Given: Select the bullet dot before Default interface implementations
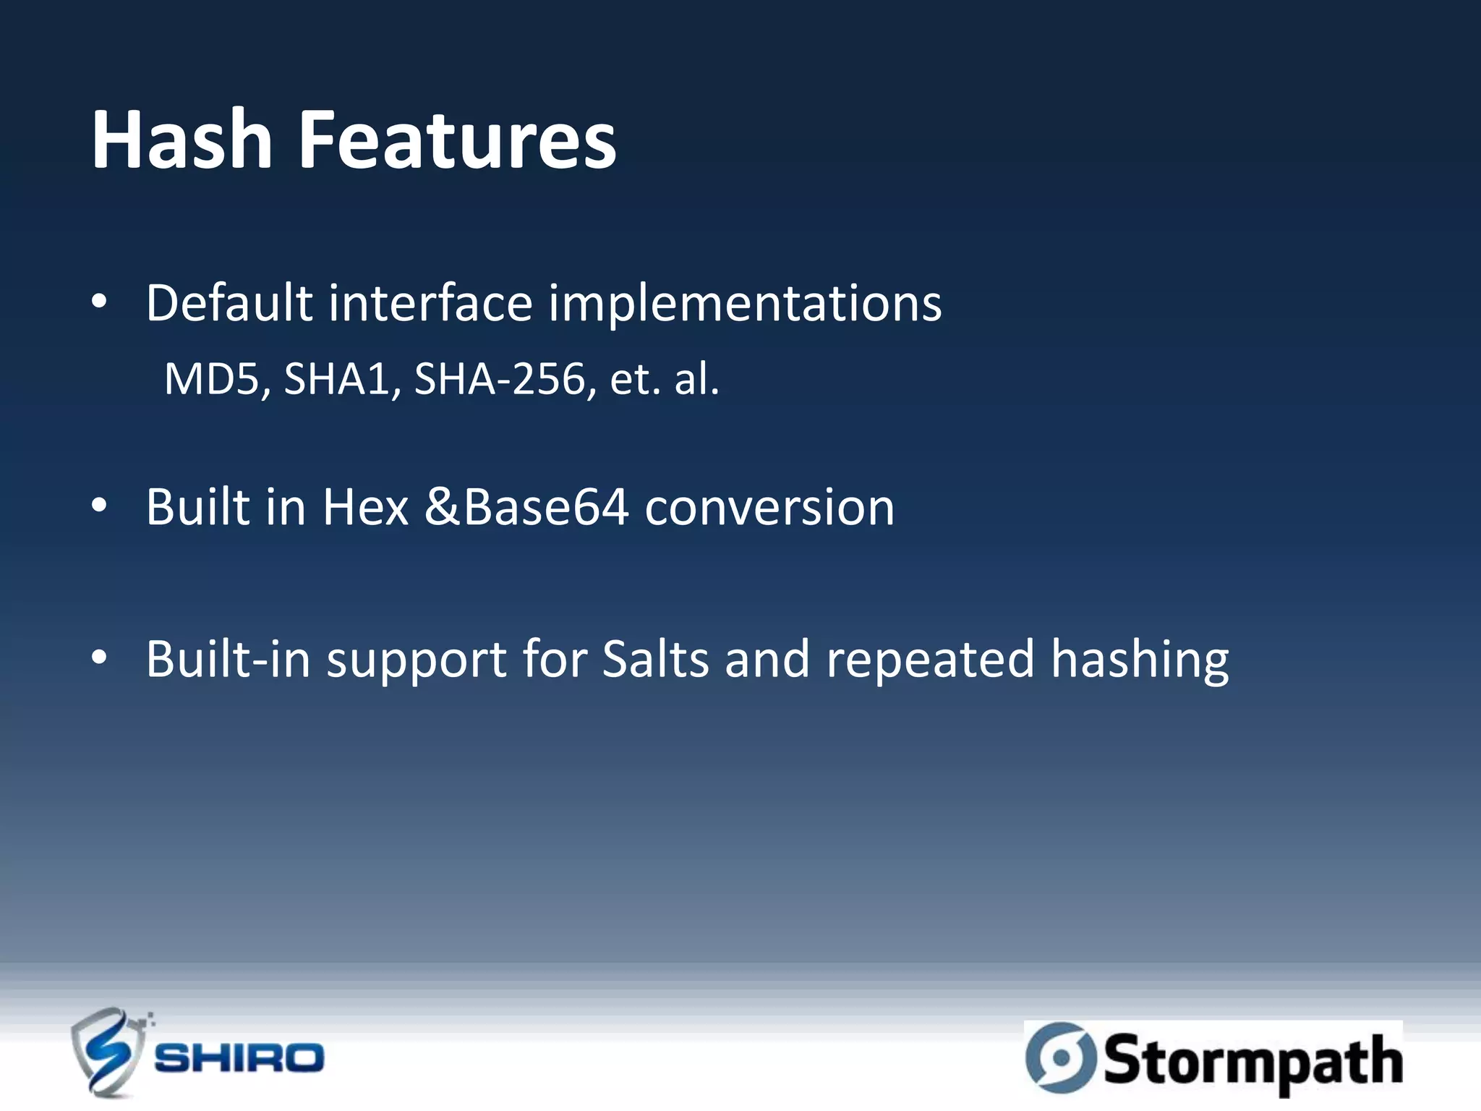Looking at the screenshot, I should [100, 302].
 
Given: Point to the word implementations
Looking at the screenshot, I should [745, 304].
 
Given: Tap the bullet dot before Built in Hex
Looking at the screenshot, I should [100, 506].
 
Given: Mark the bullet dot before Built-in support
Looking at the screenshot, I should [100, 659].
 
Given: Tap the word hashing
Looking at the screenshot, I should [1140, 660].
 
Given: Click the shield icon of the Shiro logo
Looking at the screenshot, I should [108, 1052].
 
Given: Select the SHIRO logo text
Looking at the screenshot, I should [239, 1058].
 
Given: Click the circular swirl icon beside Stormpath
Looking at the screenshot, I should [1060, 1057].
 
